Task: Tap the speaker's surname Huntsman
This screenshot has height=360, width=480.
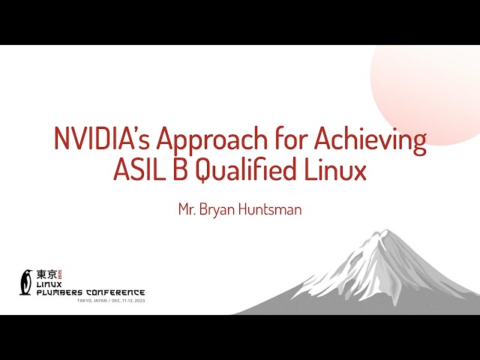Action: pyautogui.click(x=269, y=210)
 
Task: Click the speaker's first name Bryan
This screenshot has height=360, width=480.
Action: pyautogui.click(x=217, y=210)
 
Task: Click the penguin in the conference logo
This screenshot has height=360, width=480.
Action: pyautogui.click(x=26, y=282)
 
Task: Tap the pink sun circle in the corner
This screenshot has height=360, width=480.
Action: pyautogui.click(x=435, y=82)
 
